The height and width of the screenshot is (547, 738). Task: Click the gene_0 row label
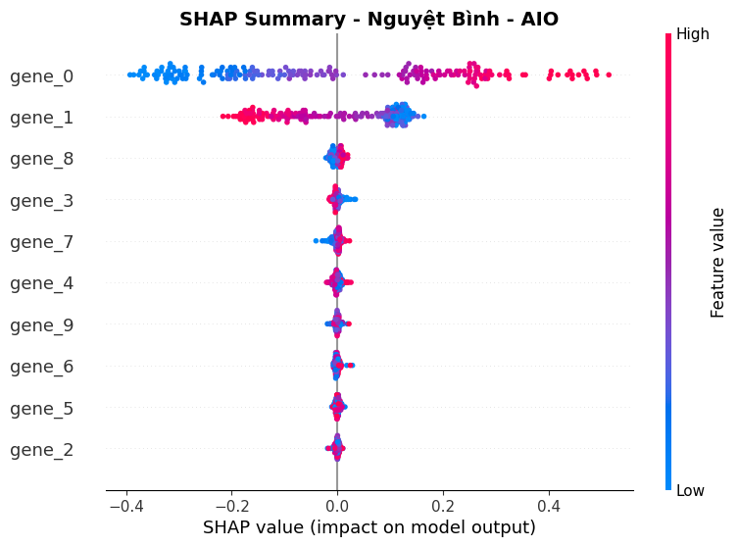tap(41, 76)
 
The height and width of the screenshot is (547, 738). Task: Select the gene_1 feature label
tap(41, 118)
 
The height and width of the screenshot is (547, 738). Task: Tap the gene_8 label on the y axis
tap(41, 159)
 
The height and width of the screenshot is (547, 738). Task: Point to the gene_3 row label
tap(41, 201)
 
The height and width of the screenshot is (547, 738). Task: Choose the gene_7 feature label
tap(41, 242)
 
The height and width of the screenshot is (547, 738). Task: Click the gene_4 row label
tap(41, 283)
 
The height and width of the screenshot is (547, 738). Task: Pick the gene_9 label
tap(41, 325)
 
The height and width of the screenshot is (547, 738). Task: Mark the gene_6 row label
tap(41, 367)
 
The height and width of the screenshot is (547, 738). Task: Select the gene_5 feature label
tap(41, 409)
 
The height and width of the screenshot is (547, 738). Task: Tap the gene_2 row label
tap(41, 450)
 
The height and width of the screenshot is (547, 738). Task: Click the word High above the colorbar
tap(693, 34)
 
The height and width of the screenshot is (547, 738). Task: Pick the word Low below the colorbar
tap(691, 490)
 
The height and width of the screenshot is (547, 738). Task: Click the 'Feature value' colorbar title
tap(718, 262)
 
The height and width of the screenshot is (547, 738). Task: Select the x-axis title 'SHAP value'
tap(369, 527)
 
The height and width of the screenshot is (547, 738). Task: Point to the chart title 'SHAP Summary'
tap(369, 19)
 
